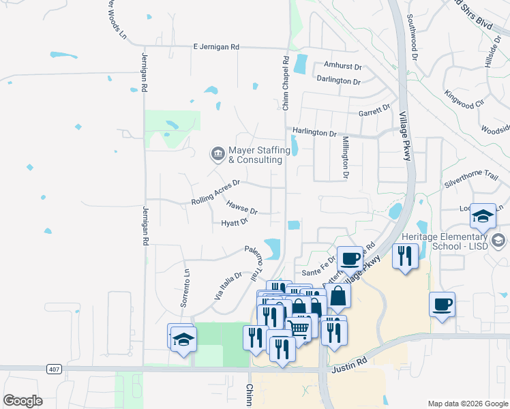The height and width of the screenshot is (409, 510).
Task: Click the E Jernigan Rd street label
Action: tap(216, 47)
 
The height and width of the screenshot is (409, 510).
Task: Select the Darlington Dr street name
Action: tap(338, 80)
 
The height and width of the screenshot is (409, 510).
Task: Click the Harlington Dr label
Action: tap(315, 131)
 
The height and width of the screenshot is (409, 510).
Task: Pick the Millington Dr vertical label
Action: tap(346, 157)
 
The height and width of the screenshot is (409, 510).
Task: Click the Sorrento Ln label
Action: tap(185, 284)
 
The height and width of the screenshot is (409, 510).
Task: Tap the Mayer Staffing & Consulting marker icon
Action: tap(217, 153)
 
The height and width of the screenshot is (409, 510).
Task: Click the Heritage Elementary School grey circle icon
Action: tap(499, 240)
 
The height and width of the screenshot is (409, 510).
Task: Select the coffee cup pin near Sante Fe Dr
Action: tap(350, 258)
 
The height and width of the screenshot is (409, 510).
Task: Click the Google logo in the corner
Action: tap(22, 401)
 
